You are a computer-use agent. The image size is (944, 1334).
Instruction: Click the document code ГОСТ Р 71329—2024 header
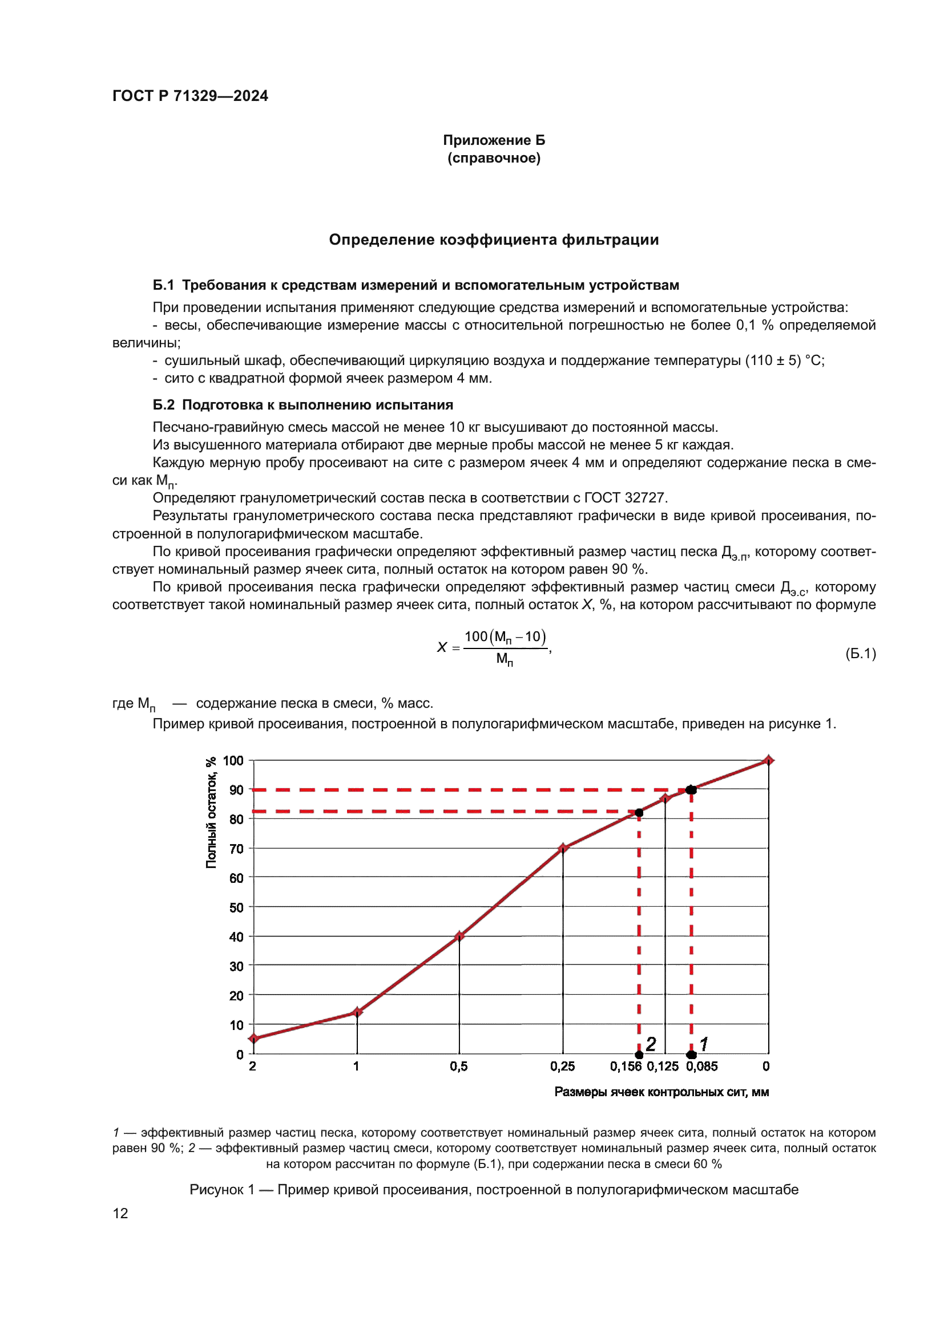190,96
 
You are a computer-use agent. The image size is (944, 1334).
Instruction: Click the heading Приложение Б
494,140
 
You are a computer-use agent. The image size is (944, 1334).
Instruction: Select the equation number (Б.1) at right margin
860,654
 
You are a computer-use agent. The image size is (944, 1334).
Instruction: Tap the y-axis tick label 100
233,761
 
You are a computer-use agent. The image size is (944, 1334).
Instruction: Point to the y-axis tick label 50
236,907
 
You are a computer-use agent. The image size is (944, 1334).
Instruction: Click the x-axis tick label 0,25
562,1066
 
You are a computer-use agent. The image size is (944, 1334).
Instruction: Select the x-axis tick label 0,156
626,1066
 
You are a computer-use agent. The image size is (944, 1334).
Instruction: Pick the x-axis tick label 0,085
701,1066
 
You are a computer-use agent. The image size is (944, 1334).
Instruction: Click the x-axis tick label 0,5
459,1066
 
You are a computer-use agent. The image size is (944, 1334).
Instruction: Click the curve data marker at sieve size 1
357,1012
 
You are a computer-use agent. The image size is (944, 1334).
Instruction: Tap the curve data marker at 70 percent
563,848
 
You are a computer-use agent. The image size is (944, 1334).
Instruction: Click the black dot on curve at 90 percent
691,789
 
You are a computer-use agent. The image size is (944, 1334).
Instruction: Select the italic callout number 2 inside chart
651,1044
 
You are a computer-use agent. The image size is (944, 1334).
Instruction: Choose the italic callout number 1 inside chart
704,1044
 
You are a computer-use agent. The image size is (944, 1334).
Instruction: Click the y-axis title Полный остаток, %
211,813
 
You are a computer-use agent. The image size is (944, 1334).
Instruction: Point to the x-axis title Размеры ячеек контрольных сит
661,1092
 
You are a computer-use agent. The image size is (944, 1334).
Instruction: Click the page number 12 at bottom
120,1213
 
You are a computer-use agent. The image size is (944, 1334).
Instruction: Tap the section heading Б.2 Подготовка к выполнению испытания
302,405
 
